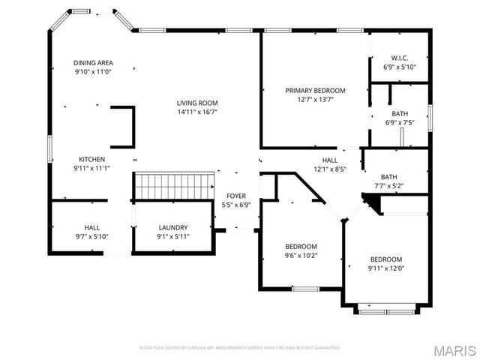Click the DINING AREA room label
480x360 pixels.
click(93, 62)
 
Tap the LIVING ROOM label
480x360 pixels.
click(197, 103)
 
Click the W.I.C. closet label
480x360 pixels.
click(399, 57)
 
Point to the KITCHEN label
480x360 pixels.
click(92, 159)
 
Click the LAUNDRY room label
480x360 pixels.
click(172, 227)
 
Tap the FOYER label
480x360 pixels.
click(236, 195)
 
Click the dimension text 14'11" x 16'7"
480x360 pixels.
click(197, 112)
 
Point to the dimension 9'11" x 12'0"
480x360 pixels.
click(385, 268)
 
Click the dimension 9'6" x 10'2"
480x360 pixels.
click(301, 256)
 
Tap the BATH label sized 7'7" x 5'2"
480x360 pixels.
click(388, 176)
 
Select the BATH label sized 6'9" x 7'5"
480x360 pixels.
click(399, 113)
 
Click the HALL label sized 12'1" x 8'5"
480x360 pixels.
click(330, 160)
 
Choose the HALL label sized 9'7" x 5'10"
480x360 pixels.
click(92, 227)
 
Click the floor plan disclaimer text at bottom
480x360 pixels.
click(240, 348)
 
